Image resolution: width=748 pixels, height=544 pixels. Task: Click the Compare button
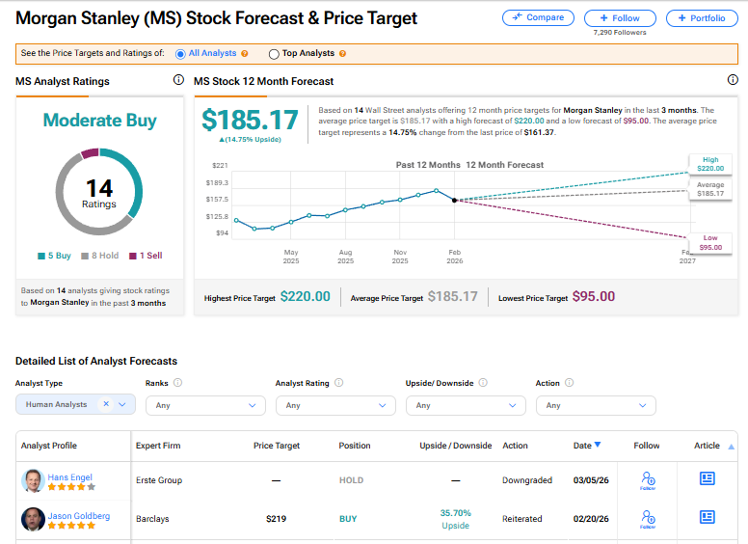coord(538,17)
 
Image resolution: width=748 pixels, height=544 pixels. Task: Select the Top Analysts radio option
coord(275,54)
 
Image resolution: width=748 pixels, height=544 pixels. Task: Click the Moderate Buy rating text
coord(99,121)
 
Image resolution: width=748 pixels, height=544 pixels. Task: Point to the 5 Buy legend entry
coord(55,256)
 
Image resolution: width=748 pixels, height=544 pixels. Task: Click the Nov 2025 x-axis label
coord(400,256)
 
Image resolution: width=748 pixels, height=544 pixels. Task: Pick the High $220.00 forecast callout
coord(710,164)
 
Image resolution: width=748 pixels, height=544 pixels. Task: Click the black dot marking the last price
coord(454,200)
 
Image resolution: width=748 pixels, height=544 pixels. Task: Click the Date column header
coord(587,446)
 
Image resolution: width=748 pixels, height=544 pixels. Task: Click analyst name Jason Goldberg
coord(78,516)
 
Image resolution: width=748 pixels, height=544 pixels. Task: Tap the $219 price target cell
coord(278,519)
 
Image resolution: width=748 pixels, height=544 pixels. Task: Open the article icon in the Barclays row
coord(707,518)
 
